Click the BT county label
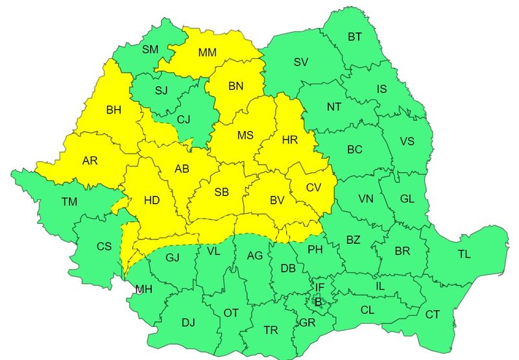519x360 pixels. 354,37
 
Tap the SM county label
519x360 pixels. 150,49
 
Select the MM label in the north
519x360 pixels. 208,52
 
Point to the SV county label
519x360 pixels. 301,62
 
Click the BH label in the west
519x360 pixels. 114,110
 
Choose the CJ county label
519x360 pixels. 184,119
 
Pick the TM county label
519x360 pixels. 69,202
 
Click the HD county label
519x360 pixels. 151,201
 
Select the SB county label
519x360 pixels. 222,192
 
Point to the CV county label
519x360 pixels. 314,187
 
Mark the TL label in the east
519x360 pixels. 464,254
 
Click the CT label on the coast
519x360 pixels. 432,315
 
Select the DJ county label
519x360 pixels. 188,322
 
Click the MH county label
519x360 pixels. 144,289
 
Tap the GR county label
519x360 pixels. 307,322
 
